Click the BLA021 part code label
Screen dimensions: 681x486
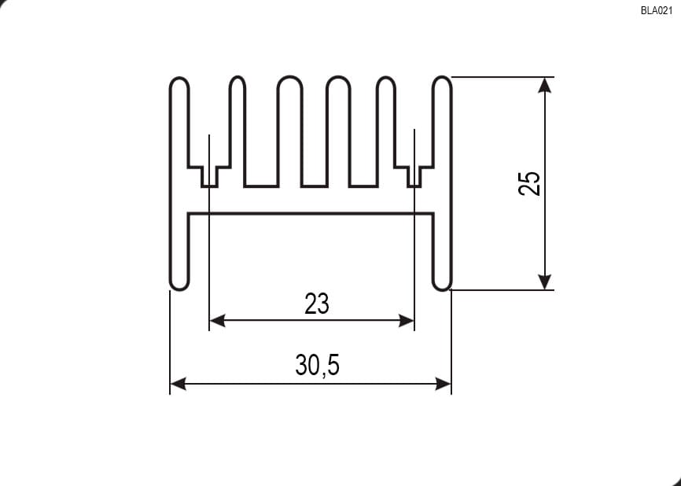(657, 11)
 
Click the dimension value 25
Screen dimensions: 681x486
(530, 184)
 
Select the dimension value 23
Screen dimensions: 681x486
(317, 304)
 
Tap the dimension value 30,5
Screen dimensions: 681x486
(318, 365)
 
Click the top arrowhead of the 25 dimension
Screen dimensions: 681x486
(545, 85)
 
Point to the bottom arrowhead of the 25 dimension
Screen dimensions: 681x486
(545, 282)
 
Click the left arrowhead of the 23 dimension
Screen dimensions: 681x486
(218, 321)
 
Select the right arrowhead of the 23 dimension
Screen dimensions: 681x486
(406, 321)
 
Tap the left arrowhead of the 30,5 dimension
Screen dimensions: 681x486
(178, 384)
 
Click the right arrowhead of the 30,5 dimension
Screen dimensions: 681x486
(443, 384)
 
